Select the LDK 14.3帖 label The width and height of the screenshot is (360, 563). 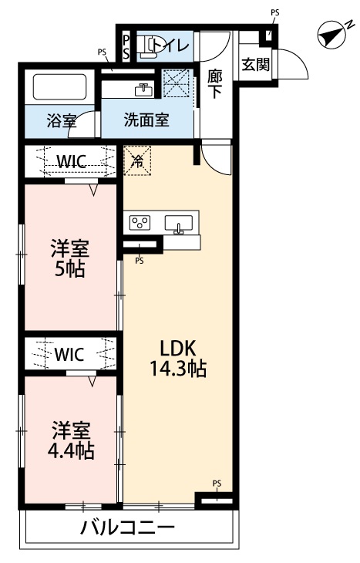click(177, 358)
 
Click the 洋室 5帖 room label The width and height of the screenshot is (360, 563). click(69, 258)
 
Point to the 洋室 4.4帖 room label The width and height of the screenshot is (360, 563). click(72, 440)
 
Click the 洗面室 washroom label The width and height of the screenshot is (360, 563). click(146, 120)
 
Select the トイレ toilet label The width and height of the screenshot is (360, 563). click(170, 46)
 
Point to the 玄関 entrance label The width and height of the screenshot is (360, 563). click(255, 65)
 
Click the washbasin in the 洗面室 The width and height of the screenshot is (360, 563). click(143, 89)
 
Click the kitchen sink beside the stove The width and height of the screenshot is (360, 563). click(180, 224)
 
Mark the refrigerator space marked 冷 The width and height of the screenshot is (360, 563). click(137, 161)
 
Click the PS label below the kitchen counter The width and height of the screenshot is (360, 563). click(140, 261)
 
